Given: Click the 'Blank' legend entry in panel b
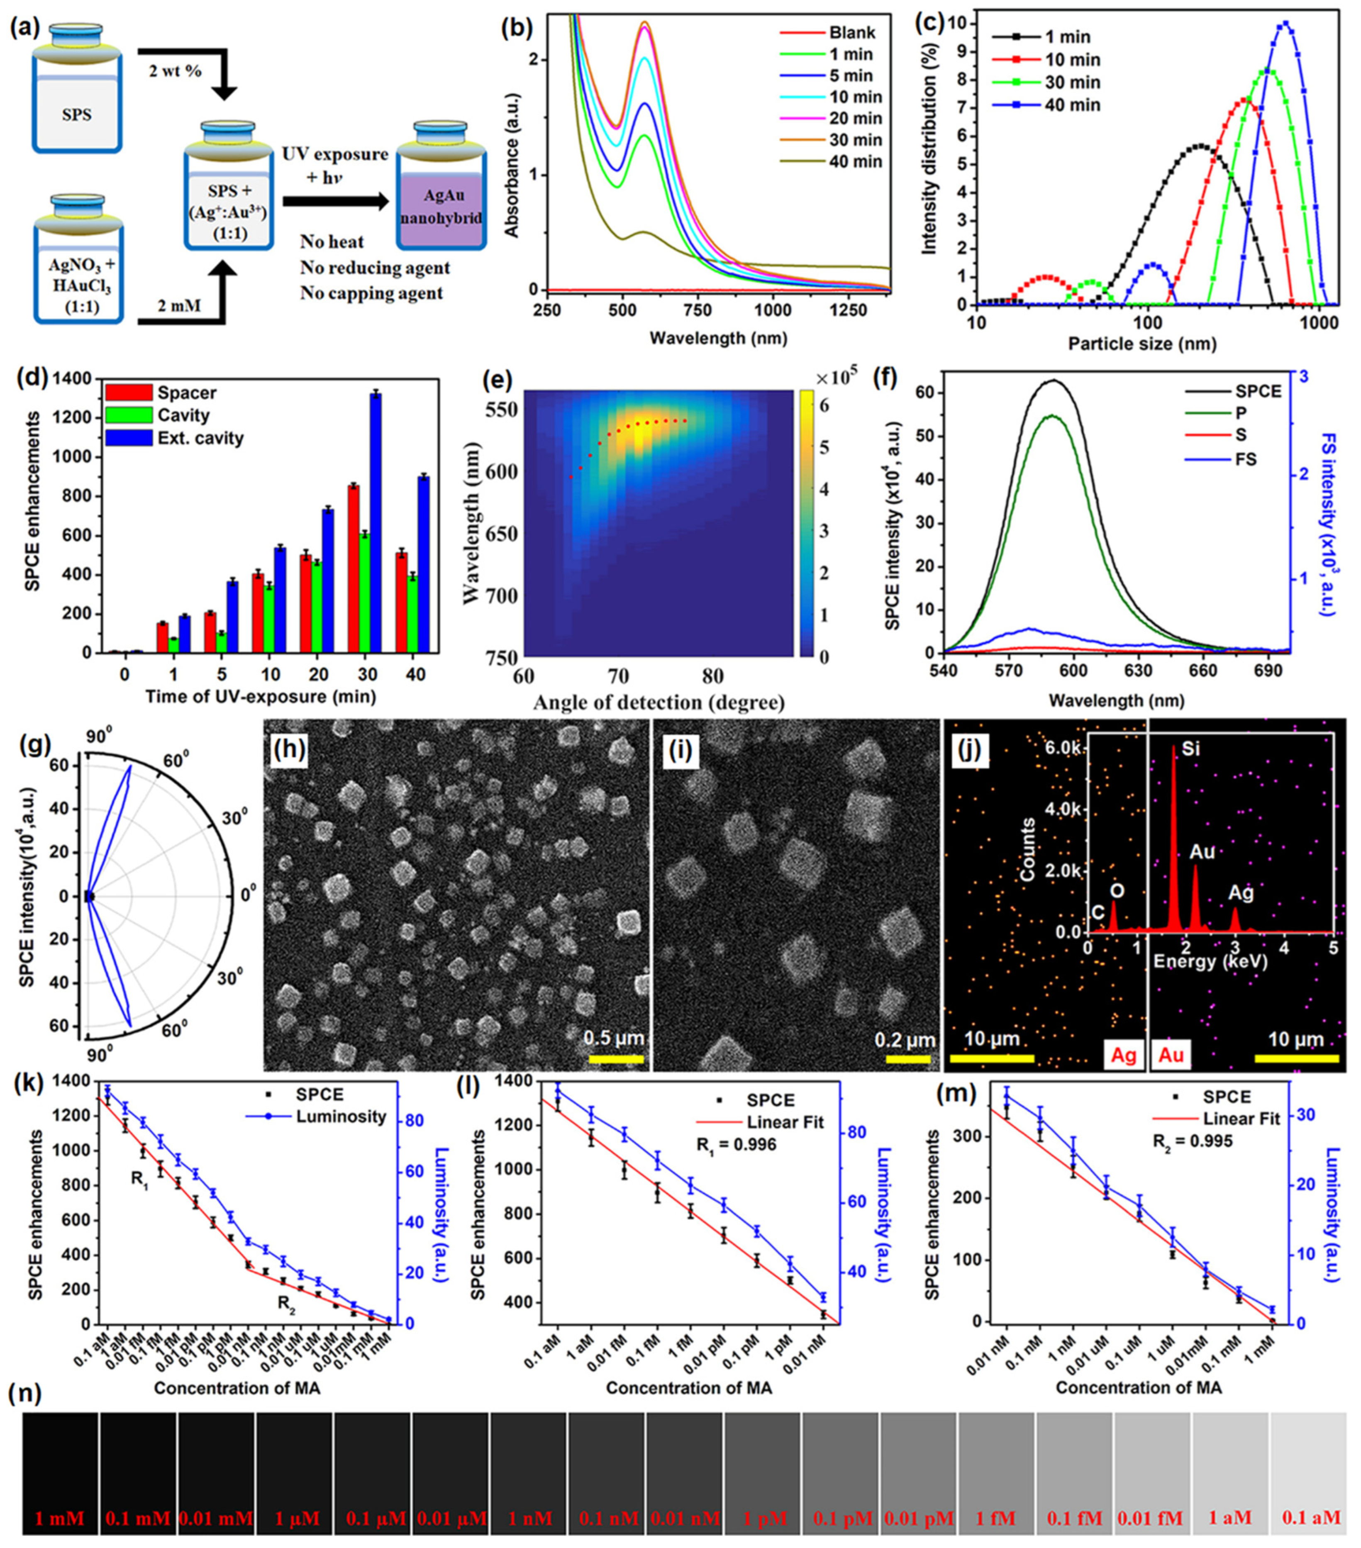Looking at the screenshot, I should tap(851, 32).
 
